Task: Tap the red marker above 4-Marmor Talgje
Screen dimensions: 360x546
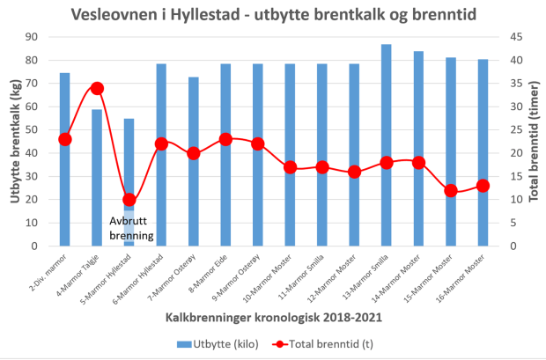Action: click(x=97, y=88)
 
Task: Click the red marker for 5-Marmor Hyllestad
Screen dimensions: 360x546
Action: click(x=129, y=200)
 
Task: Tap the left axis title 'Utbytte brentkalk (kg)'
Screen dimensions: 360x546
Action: click(x=15, y=141)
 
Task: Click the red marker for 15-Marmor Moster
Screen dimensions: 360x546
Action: click(x=451, y=190)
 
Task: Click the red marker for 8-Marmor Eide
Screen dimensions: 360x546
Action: click(x=225, y=139)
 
